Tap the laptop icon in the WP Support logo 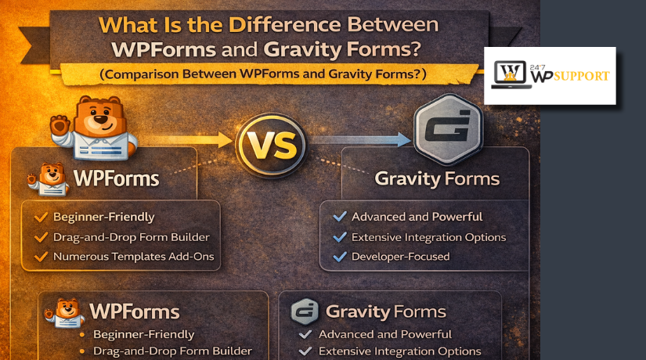point(511,76)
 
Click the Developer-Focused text point(401,256)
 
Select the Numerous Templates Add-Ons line point(133,256)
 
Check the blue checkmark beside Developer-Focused point(339,256)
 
